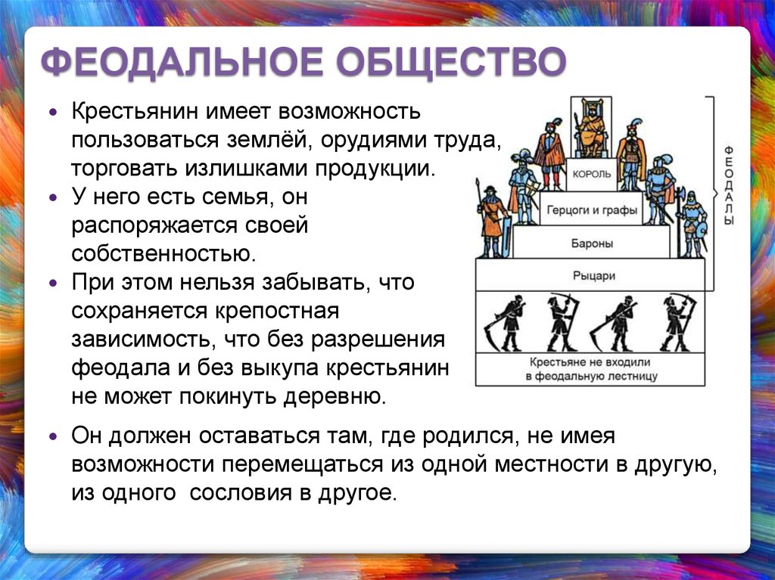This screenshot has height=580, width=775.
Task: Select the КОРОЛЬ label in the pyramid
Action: (x=592, y=174)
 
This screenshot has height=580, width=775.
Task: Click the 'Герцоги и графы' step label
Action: (x=592, y=210)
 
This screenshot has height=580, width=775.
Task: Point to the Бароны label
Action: (x=592, y=243)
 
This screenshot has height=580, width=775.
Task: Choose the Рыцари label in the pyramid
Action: (x=593, y=276)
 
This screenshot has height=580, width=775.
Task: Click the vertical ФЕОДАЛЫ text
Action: (x=729, y=185)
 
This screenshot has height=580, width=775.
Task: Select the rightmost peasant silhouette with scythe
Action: (x=677, y=323)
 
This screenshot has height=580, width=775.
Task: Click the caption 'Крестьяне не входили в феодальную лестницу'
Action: (x=591, y=369)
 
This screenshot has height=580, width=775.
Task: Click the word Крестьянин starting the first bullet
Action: (x=135, y=111)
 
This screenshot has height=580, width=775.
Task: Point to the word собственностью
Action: (x=163, y=254)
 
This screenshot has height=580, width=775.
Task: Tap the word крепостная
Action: (x=277, y=312)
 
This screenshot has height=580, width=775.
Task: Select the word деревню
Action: (x=334, y=397)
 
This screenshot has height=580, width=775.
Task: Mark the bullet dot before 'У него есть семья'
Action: (x=54, y=197)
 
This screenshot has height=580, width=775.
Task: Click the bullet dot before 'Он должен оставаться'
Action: (x=54, y=437)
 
